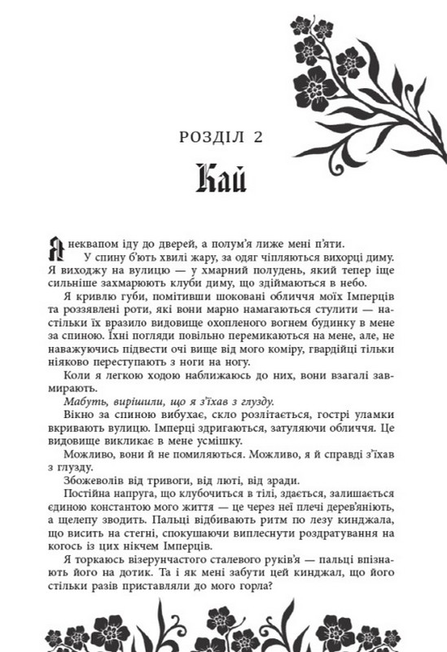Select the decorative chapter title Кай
tap(223, 178)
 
